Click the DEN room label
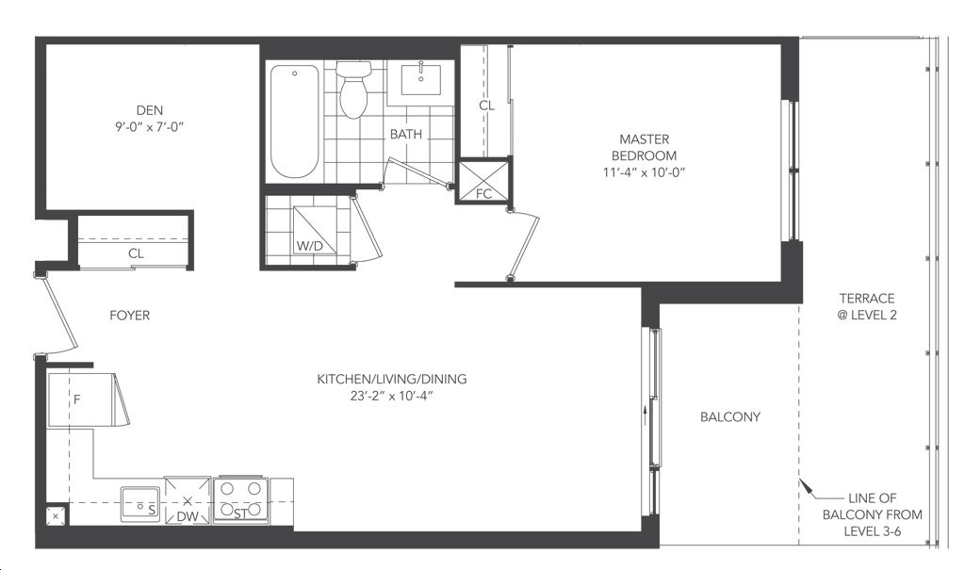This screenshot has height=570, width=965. pos(150,110)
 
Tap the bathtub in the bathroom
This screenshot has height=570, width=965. pos(295,121)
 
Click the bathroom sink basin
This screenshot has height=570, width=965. pos(421,80)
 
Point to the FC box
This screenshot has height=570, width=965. pos(483,181)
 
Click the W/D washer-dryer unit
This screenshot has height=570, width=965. pos(315,230)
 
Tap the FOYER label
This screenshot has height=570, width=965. pos(130,316)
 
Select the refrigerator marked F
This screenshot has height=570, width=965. pos(82,399)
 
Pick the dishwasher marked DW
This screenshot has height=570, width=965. pos(188,500)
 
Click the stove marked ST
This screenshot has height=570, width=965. pos(240,500)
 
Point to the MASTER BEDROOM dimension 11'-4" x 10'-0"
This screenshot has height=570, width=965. pos(644,173)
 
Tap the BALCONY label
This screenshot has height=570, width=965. pos(730,416)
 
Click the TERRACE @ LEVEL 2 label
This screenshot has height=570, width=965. pos(867,306)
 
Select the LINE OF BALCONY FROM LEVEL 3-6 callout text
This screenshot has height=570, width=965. pos(873,514)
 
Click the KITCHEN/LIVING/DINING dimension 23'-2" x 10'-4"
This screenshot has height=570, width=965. pos(392,397)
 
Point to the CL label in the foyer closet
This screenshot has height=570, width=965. pos(136,253)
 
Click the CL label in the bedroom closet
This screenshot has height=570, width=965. pos(487,106)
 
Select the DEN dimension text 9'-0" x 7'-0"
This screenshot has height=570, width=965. pos(150,127)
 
